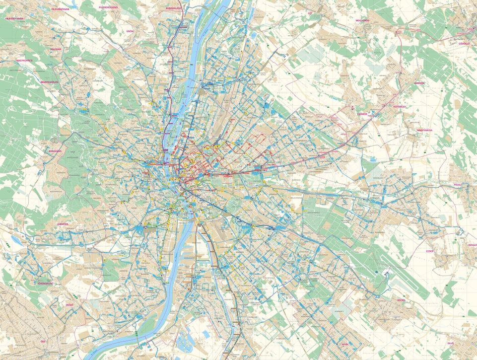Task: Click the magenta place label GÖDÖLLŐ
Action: point(464,44)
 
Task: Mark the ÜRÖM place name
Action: point(130,31)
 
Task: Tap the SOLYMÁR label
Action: point(55,49)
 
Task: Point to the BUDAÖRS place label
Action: point(65,224)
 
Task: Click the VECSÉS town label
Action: point(401,300)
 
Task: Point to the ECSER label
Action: point(430,251)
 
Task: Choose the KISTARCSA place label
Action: point(400,106)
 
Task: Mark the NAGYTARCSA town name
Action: point(425,129)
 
